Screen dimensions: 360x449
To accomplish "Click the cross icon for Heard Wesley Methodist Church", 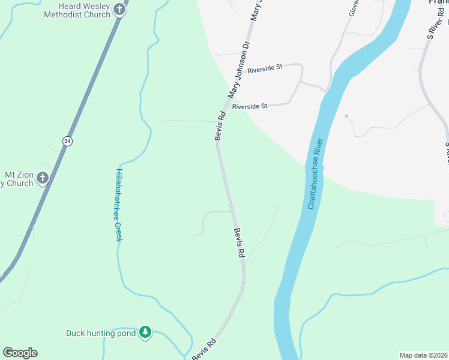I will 119,10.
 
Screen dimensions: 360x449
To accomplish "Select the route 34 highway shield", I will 67,140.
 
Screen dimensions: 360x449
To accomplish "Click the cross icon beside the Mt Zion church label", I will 42,178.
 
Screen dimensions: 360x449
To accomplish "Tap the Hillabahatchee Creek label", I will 118,205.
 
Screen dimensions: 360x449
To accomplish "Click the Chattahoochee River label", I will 316,174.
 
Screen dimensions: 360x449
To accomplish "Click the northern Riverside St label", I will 265,68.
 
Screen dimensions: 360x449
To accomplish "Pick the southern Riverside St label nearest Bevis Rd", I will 249,106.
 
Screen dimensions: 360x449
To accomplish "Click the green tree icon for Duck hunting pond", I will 145,332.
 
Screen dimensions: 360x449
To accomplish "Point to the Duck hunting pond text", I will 101,332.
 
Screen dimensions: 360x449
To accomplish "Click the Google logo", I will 20,353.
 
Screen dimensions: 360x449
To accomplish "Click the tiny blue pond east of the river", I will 346,116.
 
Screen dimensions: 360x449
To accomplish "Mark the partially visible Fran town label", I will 438,2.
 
